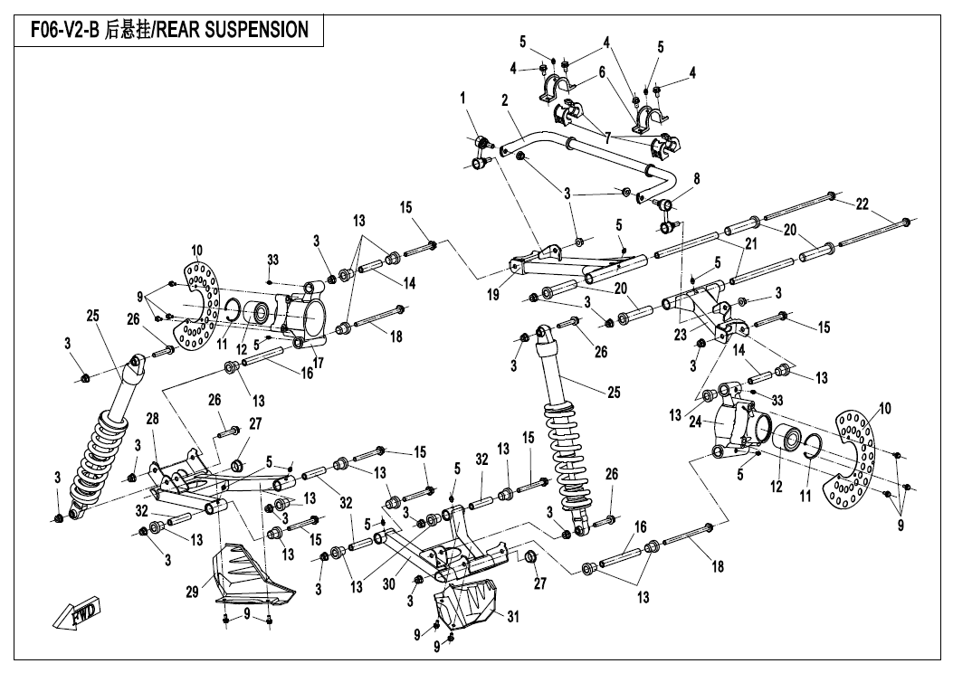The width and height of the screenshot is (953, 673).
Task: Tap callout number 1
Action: [x=462, y=96]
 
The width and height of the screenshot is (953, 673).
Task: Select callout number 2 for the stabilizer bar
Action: [x=504, y=100]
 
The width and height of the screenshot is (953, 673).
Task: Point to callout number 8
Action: [x=696, y=179]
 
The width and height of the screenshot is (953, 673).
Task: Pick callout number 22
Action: [x=862, y=204]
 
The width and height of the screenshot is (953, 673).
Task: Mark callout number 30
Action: [x=389, y=584]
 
